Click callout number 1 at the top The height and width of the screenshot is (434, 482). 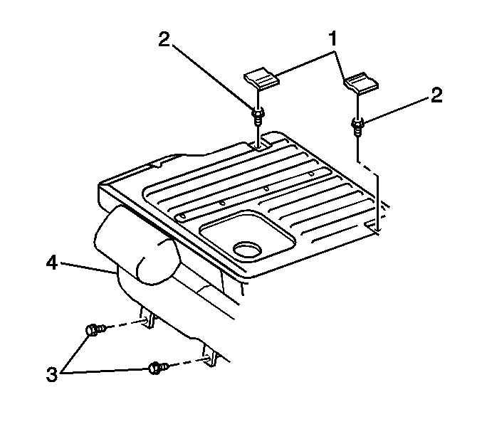(x=332, y=38)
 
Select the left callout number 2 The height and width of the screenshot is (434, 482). (x=164, y=39)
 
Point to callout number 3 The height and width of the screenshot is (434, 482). (x=52, y=374)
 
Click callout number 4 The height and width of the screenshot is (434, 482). (x=52, y=263)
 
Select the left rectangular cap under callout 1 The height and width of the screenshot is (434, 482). (x=261, y=79)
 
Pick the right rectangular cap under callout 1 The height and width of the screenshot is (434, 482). (x=361, y=83)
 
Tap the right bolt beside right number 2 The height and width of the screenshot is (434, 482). (x=357, y=126)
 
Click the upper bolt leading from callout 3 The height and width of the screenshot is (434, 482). (x=96, y=330)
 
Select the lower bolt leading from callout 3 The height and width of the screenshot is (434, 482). (x=158, y=368)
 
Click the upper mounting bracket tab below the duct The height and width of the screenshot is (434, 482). (x=147, y=318)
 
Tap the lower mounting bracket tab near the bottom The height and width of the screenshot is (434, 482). (x=210, y=356)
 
